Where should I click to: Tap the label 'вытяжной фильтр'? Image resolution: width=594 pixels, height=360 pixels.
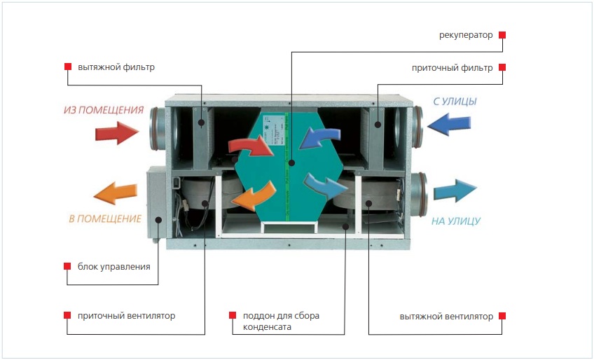(x=116, y=67)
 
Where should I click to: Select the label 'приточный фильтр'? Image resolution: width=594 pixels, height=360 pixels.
(x=453, y=68)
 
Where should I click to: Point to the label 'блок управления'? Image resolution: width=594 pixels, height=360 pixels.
(x=114, y=267)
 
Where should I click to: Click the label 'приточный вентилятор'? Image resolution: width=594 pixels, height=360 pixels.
(x=127, y=316)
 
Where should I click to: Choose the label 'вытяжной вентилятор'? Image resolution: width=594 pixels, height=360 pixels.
(x=446, y=316)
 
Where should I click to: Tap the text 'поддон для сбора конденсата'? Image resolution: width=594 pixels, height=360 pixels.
(x=281, y=321)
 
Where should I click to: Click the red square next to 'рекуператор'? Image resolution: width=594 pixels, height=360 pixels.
(x=502, y=34)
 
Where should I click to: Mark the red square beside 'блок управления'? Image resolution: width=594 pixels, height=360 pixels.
(x=68, y=267)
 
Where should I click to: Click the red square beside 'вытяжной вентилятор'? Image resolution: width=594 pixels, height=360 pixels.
(x=502, y=316)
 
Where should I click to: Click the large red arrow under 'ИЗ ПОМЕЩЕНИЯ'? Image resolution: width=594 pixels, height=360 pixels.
(x=117, y=132)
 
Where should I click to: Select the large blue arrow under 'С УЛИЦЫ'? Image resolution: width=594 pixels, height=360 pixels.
(x=449, y=124)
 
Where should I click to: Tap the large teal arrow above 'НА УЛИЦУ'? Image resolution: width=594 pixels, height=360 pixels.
(x=455, y=191)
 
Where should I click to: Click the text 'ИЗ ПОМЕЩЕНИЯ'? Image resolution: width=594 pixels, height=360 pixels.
(x=104, y=110)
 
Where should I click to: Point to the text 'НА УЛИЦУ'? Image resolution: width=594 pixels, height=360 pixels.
(x=456, y=221)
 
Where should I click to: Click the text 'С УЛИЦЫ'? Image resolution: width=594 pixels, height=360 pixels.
(x=455, y=102)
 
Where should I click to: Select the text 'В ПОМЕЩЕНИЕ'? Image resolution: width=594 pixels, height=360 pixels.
(x=105, y=219)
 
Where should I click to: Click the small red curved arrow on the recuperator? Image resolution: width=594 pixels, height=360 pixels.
(x=252, y=146)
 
